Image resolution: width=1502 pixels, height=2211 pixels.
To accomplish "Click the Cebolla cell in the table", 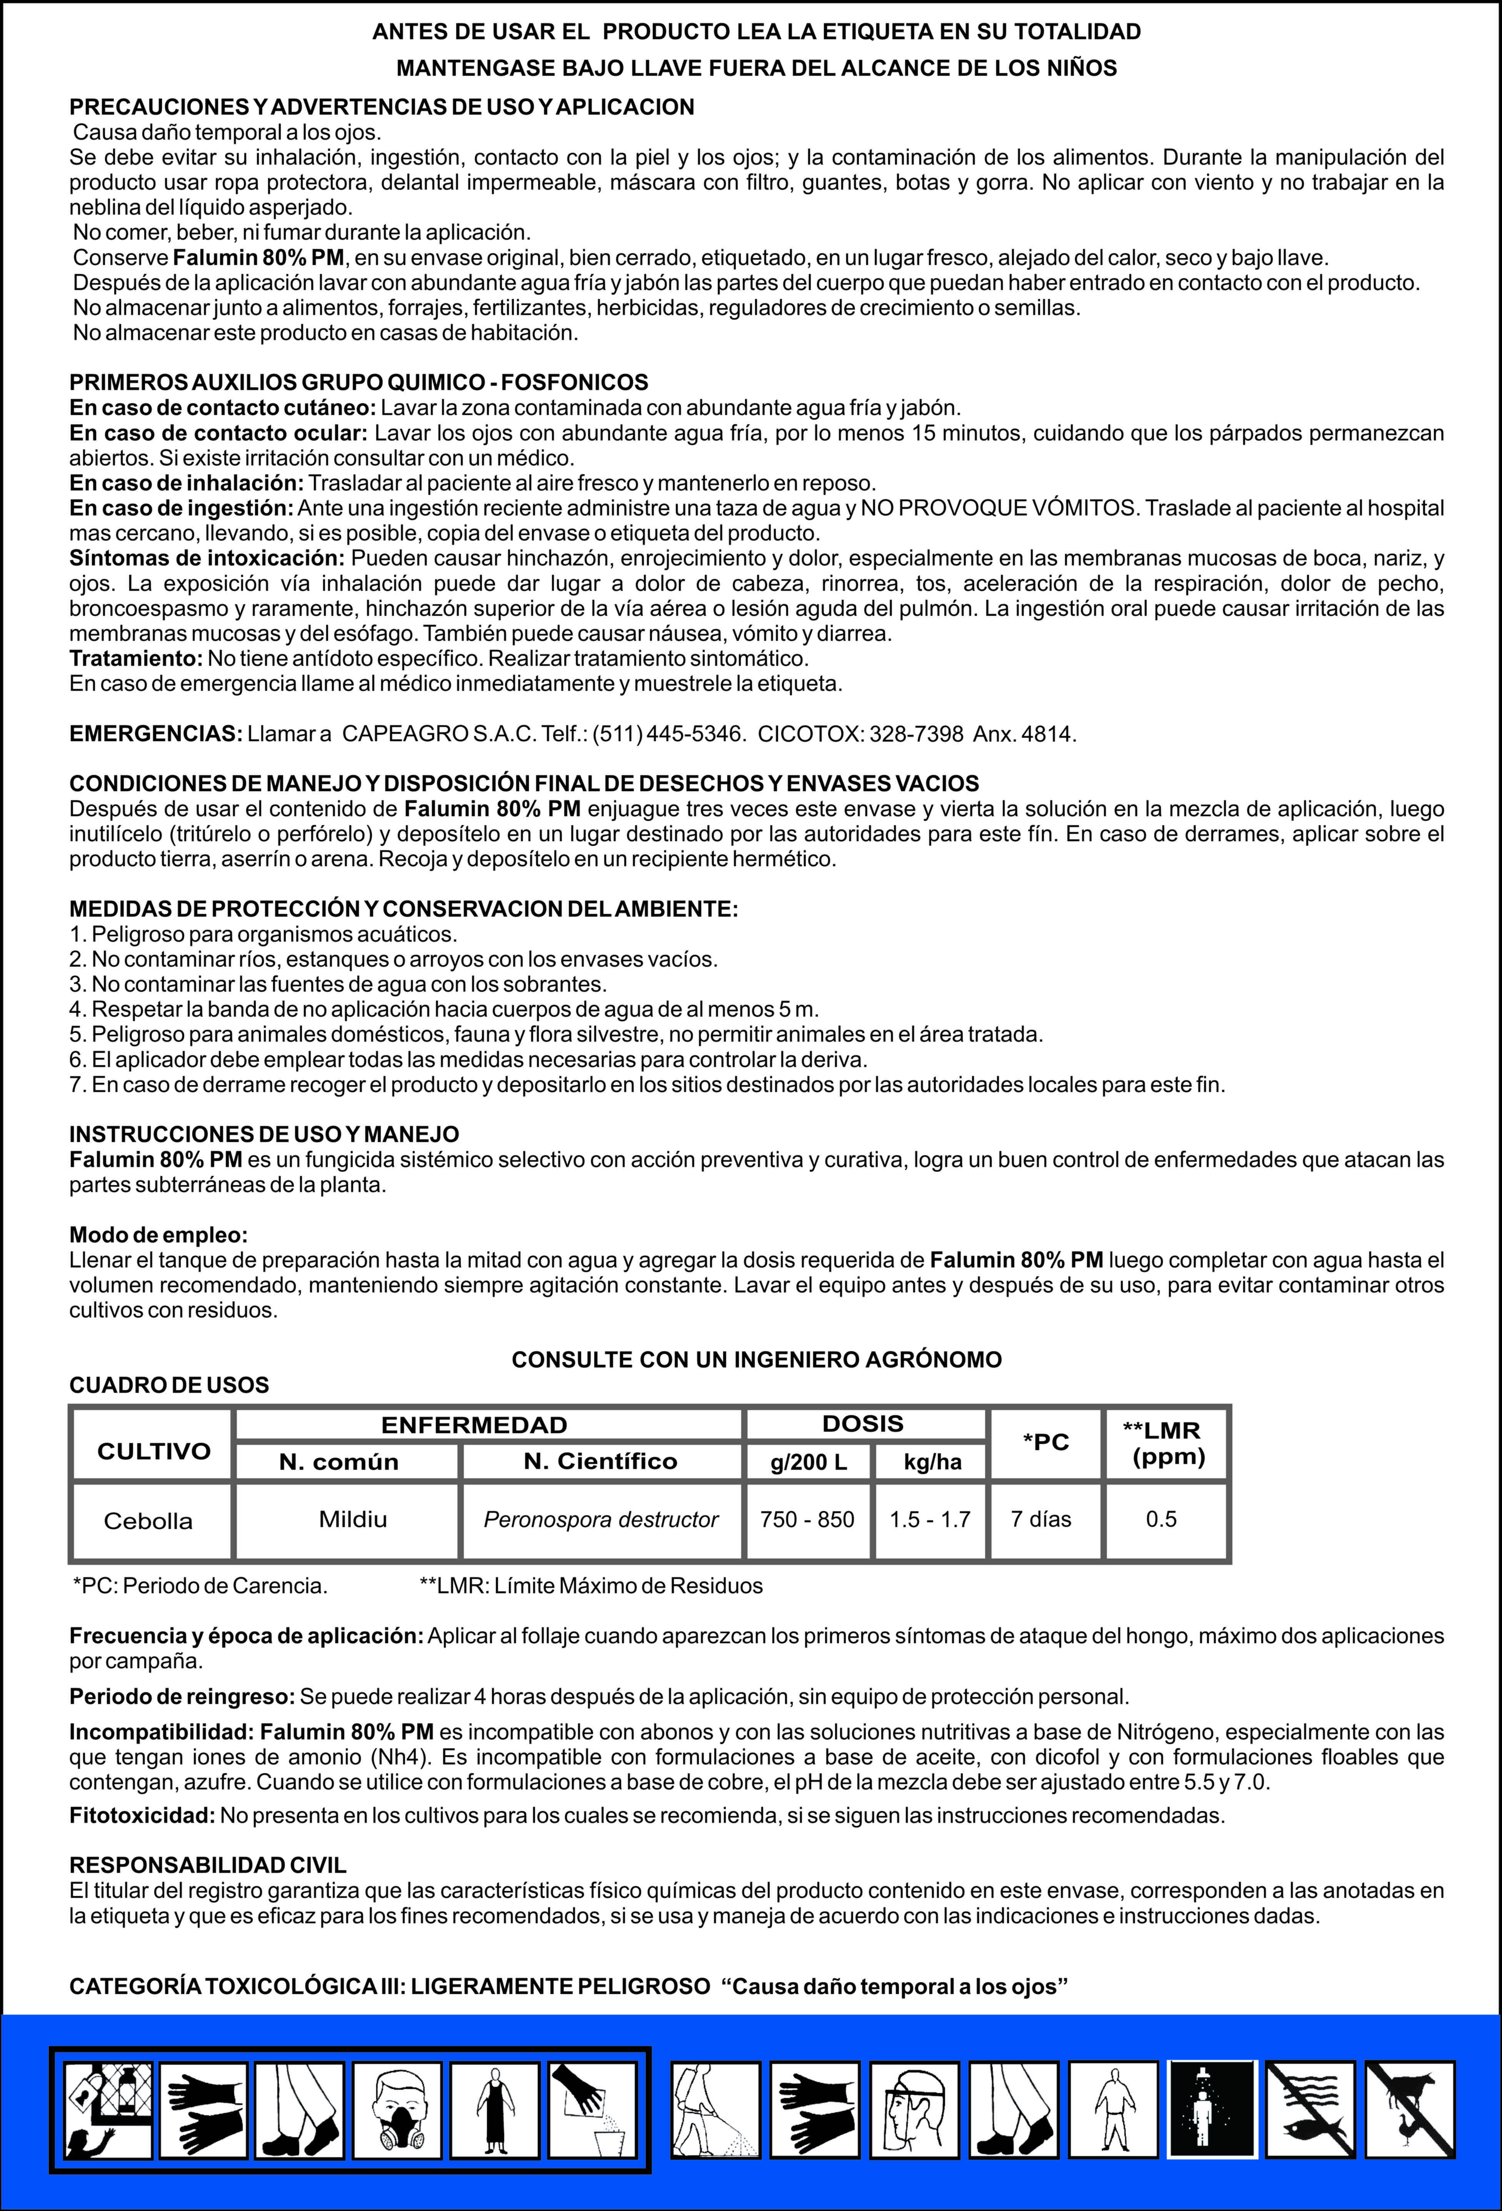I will (148, 1520).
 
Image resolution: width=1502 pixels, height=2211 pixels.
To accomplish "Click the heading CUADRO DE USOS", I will (169, 1385).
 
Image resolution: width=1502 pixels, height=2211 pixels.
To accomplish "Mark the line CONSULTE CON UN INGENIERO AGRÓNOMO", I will (756, 1359).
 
